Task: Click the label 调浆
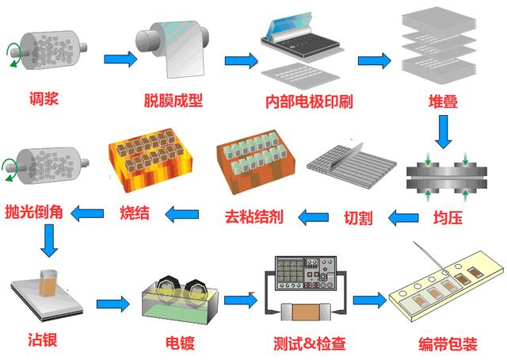(41, 99)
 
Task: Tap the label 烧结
(135, 213)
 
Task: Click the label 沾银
(41, 340)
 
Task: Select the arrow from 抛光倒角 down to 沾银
(50, 241)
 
